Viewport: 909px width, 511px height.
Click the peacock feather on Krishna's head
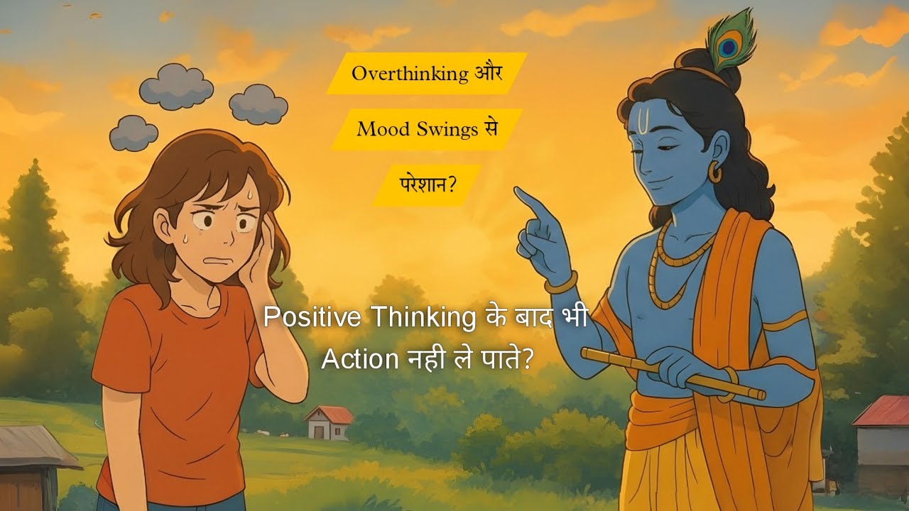pyautogui.click(x=728, y=43)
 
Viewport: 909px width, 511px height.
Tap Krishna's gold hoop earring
pyautogui.click(x=714, y=172)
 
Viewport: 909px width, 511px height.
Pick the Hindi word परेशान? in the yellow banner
pyautogui.click(x=425, y=186)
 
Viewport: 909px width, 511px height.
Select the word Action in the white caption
pyautogui.click(x=359, y=359)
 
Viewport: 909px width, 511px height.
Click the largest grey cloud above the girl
pyautogui.click(x=176, y=87)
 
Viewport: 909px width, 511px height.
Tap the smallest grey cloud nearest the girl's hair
pyautogui.click(x=134, y=133)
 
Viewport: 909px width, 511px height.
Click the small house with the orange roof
pyautogui.click(x=330, y=423)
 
